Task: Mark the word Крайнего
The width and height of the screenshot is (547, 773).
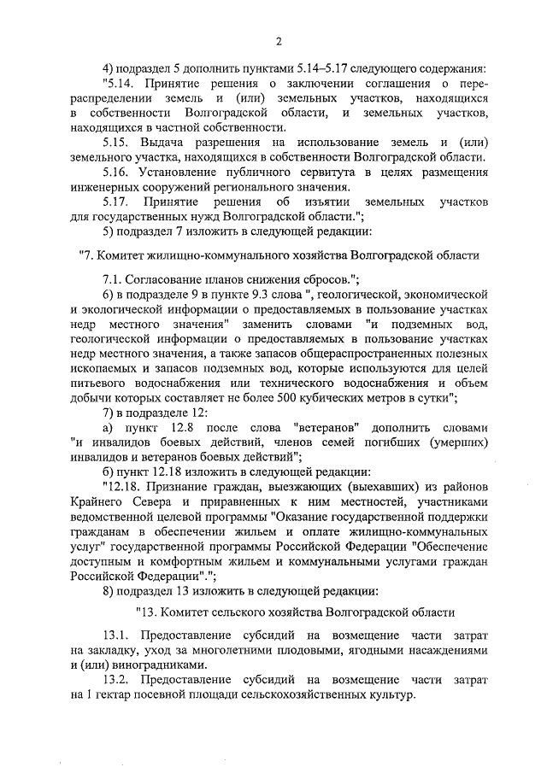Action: [x=102, y=501]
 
